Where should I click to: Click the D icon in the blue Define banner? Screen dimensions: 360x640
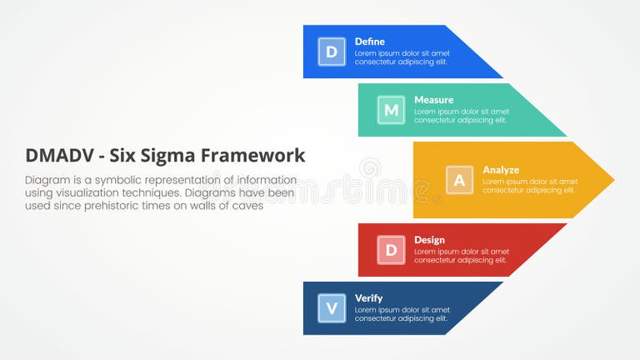click(x=332, y=52)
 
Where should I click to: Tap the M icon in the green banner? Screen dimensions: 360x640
click(x=391, y=110)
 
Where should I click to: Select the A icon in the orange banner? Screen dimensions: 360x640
click(x=459, y=180)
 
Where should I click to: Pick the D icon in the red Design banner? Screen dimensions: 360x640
click(x=391, y=250)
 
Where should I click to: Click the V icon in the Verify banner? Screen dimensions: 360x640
click(x=332, y=308)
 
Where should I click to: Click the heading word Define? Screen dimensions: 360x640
click(x=369, y=41)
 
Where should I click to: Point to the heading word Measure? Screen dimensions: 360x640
click(x=433, y=99)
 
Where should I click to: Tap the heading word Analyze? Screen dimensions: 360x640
click(x=500, y=169)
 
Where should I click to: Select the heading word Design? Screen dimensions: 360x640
click(x=429, y=240)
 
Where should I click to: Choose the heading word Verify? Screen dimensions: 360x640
click(x=368, y=298)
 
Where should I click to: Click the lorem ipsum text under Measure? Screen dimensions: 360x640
click(x=461, y=116)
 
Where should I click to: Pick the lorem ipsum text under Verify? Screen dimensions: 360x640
click(x=402, y=314)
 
